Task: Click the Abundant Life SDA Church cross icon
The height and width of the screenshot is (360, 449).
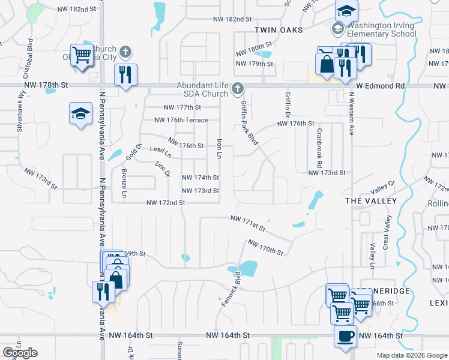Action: pos(238,89)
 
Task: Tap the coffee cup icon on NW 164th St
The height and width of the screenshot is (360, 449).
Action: pos(345,336)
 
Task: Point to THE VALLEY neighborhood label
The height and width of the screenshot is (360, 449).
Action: pos(371,200)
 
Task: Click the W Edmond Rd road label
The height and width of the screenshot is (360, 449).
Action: pos(381,86)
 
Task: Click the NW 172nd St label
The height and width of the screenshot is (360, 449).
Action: pos(165,203)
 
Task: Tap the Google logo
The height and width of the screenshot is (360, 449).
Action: pos(20,353)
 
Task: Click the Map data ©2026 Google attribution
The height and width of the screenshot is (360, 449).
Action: pos(411,355)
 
